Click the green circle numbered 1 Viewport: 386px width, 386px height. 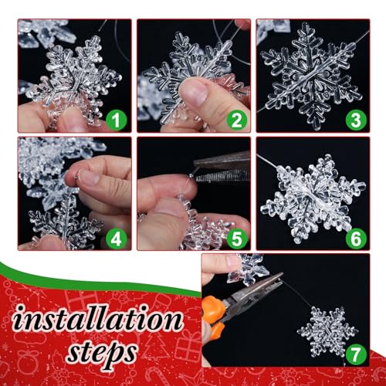pyautogui.click(x=117, y=120)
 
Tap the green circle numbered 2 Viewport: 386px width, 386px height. pyautogui.click(x=237, y=120)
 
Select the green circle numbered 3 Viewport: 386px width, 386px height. pyautogui.click(x=356, y=120)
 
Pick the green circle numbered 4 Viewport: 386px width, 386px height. pyautogui.click(x=117, y=239)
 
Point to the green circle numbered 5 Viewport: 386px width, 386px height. pyautogui.click(x=237, y=239)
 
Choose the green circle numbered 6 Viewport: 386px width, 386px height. pyautogui.click(x=356, y=239)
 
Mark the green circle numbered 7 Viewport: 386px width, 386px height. pyautogui.click(x=356, y=354)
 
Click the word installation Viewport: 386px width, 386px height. pyautogui.click(x=98, y=318)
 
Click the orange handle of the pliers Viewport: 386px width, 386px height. pyautogui.click(x=212, y=317)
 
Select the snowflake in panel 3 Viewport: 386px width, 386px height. pyautogui.click(x=312, y=76)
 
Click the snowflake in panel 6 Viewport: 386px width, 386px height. pyautogui.click(x=313, y=199)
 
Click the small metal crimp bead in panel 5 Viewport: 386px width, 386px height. pyautogui.click(x=191, y=175)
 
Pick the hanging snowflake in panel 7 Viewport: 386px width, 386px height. pyautogui.click(x=327, y=330)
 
